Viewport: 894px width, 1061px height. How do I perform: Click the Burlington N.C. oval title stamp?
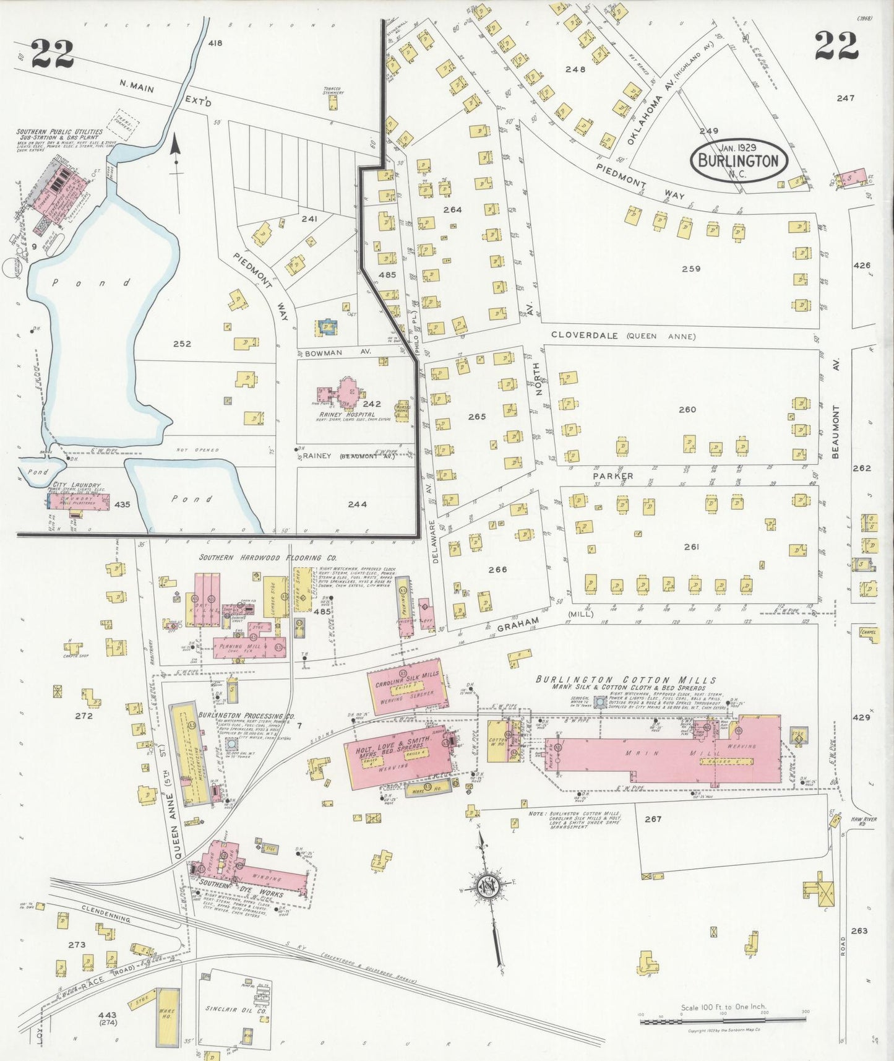pyautogui.click(x=739, y=160)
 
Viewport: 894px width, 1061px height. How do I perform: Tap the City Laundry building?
pyautogui.click(x=79, y=501)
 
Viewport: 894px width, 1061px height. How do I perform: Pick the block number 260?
pyautogui.click(x=687, y=409)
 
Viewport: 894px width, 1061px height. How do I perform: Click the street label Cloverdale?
pyautogui.click(x=585, y=336)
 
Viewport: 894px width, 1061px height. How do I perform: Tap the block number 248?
pyautogui.click(x=575, y=69)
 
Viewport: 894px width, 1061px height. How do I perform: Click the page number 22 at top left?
pyautogui.click(x=52, y=53)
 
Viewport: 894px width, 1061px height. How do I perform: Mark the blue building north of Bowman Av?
pyautogui.click(x=327, y=326)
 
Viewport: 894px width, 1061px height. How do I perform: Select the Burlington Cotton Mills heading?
pyautogui.click(x=625, y=680)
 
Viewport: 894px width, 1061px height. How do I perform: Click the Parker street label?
pyautogui.click(x=612, y=476)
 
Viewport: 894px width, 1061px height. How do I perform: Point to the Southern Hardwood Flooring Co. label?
pyautogui.click(x=267, y=557)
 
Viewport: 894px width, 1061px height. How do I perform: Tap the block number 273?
pyautogui.click(x=77, y=945)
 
